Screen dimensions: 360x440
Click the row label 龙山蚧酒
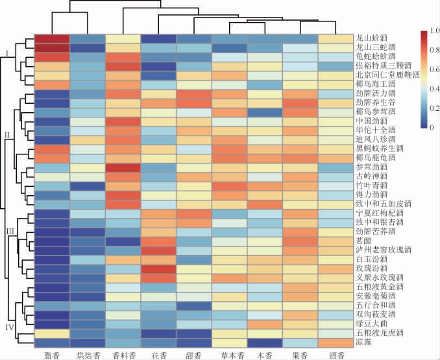coord(370,38)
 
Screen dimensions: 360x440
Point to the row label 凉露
coord(363,341)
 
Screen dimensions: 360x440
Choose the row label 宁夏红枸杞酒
coord(374,212)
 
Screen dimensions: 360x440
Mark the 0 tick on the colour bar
coord(432,128)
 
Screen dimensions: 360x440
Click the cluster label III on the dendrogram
coord(10,230)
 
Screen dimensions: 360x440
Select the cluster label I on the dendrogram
coord(7,51)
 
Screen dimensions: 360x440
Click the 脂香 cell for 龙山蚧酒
coord(52,38)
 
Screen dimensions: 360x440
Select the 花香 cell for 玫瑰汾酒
coord(158,267)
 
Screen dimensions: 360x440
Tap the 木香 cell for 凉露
coord(265,341)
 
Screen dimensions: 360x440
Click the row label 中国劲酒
coord(370,121)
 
